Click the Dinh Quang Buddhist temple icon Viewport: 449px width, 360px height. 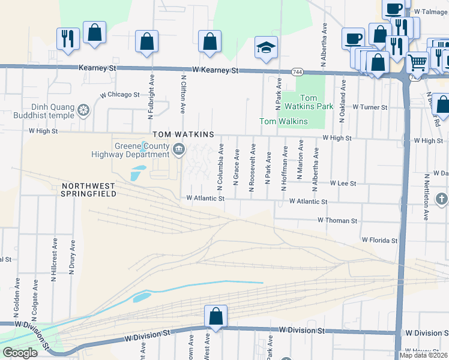(x=83, y=110)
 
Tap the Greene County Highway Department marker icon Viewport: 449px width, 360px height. (x=178, y=149)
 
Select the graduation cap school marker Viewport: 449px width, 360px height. (x=265, y=47)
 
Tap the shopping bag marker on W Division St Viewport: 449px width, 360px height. (x=215, y=316)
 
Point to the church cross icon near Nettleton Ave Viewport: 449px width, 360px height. (x=441, y=199)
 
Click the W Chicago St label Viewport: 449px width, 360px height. (x=119, y=95)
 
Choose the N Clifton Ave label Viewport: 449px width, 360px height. (x=183, y=93)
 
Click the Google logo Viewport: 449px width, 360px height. (x=20, y=353)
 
